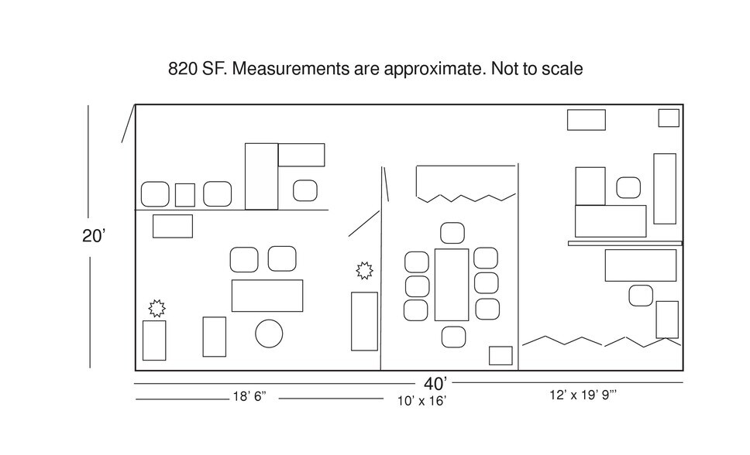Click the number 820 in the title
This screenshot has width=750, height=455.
(x=182, y=69)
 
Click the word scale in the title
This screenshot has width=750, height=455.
(x=562, y=69)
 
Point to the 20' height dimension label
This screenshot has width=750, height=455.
(x=93, y=236)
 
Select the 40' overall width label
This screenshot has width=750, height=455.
(x=435, y=383)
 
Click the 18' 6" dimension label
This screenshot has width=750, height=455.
(x=249, y=397)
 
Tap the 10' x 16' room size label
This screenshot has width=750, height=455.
(x=421, y=401)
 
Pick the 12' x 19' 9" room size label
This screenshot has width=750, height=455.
(x=583, y=395)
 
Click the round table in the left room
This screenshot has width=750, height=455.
(x=269, y=334)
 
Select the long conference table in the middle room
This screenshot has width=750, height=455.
(x=452, y=285)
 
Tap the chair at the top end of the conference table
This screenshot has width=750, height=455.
(x=452, y=233)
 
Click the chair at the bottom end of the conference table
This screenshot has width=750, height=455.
(x=453, y=337)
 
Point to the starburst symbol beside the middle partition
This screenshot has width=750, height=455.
(x=364, y=271)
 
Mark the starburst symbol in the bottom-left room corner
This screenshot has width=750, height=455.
(x=157, y=308)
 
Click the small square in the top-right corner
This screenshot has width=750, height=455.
(x=669, y=118)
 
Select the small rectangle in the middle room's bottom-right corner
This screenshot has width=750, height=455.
(x=501, y=356)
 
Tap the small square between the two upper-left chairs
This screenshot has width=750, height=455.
(x=184, y=195)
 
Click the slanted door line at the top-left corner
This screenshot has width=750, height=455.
(x=129, y=123)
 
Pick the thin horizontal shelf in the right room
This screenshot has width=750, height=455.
(x=625, y=243)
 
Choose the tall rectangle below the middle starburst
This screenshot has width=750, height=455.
(x=364, y=321)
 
